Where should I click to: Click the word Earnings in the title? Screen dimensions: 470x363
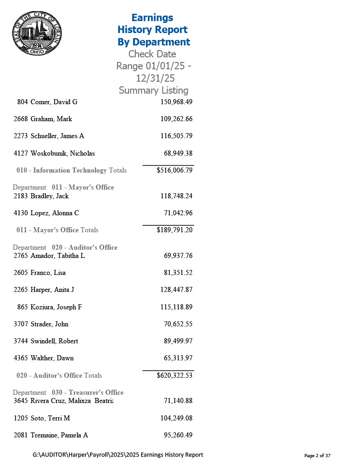point(152,17)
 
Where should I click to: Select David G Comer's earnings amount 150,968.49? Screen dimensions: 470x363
point(176,102)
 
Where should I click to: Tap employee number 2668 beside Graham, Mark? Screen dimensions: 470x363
point(21,119)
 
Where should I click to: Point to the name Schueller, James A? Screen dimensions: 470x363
point(57,136)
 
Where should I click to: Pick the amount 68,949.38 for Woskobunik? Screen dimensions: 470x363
point(178,153)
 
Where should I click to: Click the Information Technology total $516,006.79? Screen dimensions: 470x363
point(174,170)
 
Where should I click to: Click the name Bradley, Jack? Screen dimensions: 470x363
point(50,196)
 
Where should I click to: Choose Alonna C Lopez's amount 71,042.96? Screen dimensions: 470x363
point(178,213)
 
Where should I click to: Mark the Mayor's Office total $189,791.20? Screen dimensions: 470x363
point(174,230)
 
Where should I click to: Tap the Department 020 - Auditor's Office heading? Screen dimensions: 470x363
point(65,247)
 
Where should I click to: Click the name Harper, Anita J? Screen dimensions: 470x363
point(52,290)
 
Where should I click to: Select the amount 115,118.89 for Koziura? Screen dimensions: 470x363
point(176,307)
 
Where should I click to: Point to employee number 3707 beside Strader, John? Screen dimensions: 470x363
point(21,324)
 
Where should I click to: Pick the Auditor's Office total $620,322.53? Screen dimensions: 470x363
point(174,375)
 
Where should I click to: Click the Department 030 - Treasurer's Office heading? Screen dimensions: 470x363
point(68,392)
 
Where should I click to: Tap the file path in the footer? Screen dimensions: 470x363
point(118,455)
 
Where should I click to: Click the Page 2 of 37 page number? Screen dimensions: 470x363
point(317,456)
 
